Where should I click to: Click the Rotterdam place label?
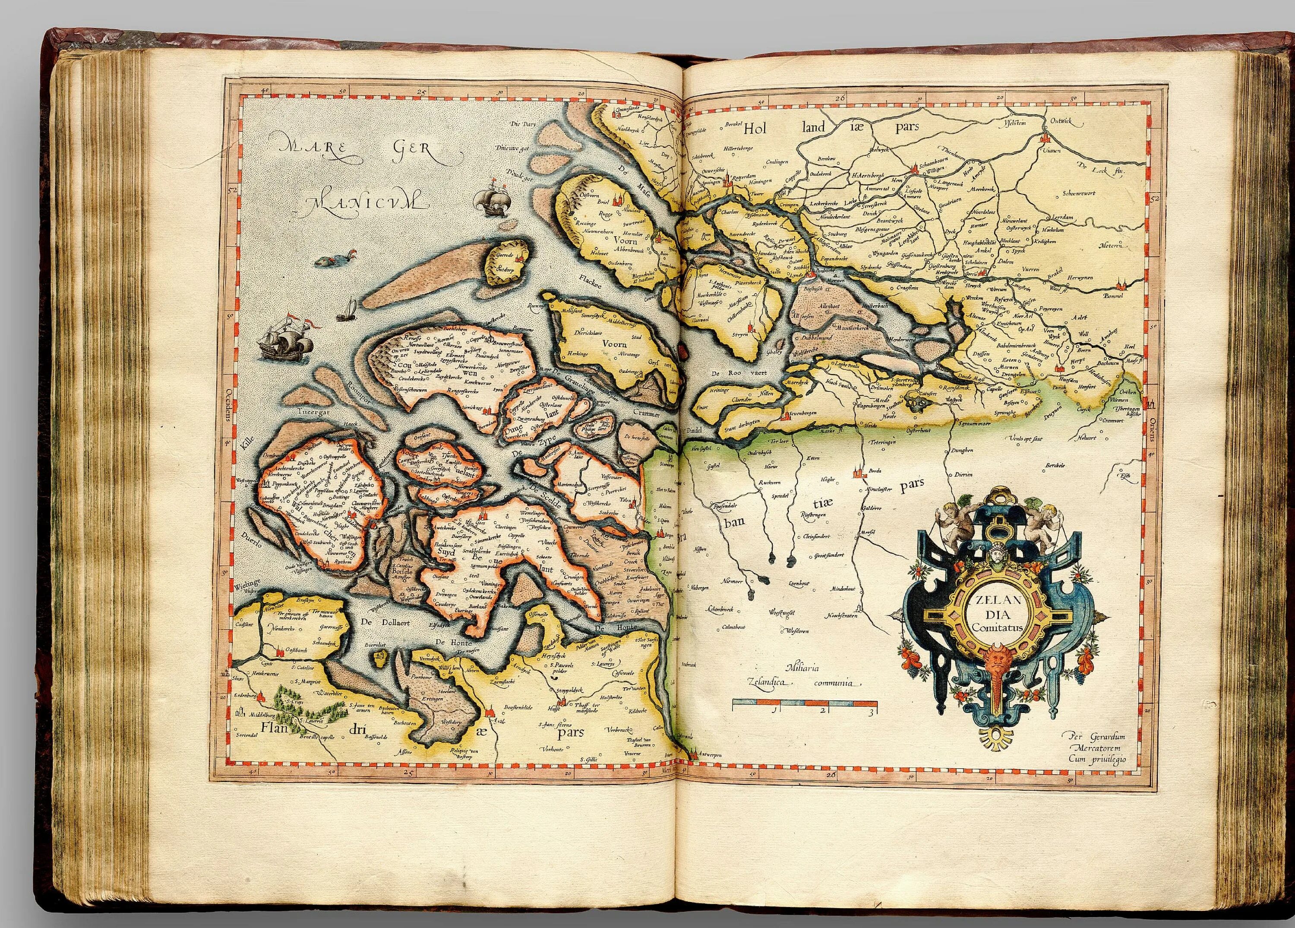coord(745,177)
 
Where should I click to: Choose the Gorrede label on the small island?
coord(506,253)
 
